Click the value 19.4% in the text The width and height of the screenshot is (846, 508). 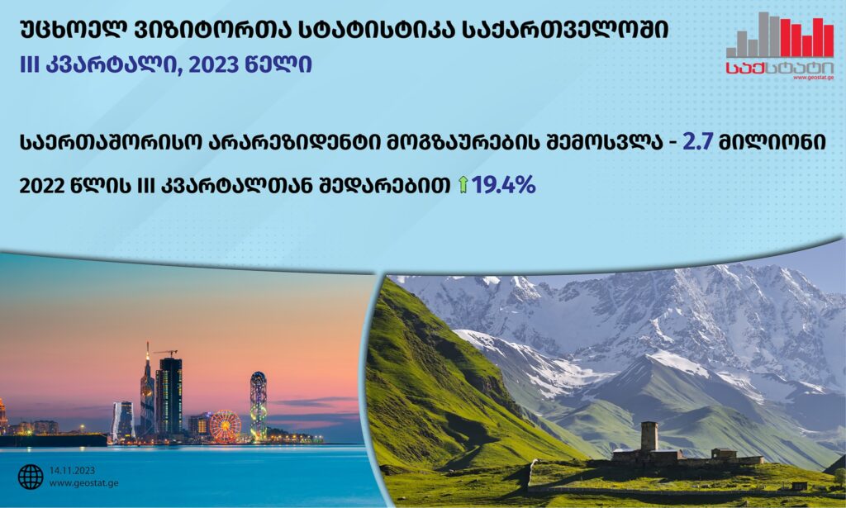503,186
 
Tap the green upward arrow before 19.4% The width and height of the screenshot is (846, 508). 463,185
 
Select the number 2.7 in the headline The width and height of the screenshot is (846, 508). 698,142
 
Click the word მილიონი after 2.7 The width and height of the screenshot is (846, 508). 772,143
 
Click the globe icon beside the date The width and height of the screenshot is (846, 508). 31,477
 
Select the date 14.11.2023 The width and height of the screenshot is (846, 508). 73,471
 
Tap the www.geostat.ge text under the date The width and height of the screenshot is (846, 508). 83,483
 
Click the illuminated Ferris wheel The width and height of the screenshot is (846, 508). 225,426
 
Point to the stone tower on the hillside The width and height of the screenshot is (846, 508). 649,437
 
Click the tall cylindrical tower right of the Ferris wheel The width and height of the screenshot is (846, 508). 258,405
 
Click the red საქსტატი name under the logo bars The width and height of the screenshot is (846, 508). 780,68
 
